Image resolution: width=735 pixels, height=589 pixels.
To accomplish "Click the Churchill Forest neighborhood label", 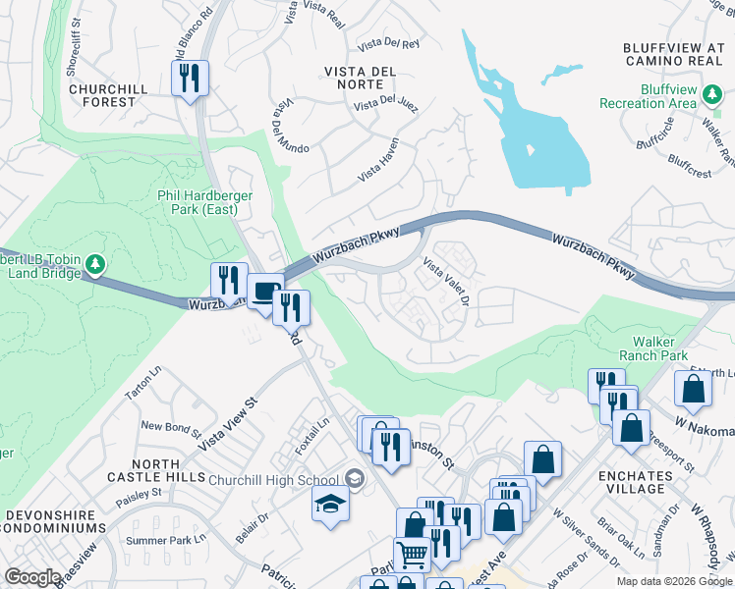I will [108, 95].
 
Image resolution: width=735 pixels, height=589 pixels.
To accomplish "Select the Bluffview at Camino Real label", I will [674, 54].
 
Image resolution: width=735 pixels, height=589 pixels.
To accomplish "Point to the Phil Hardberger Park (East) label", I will [205, 203].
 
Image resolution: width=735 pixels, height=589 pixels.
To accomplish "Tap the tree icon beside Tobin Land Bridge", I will [95, 264].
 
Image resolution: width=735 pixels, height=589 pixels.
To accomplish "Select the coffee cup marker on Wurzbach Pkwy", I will [263, 290].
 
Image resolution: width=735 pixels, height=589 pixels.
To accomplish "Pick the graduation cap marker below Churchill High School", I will [329, 505].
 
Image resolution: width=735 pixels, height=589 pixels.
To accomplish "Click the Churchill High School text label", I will [273, 480].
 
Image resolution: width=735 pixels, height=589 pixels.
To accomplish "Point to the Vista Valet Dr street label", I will [447, 281].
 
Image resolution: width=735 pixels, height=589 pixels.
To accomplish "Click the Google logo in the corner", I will [32, 577].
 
